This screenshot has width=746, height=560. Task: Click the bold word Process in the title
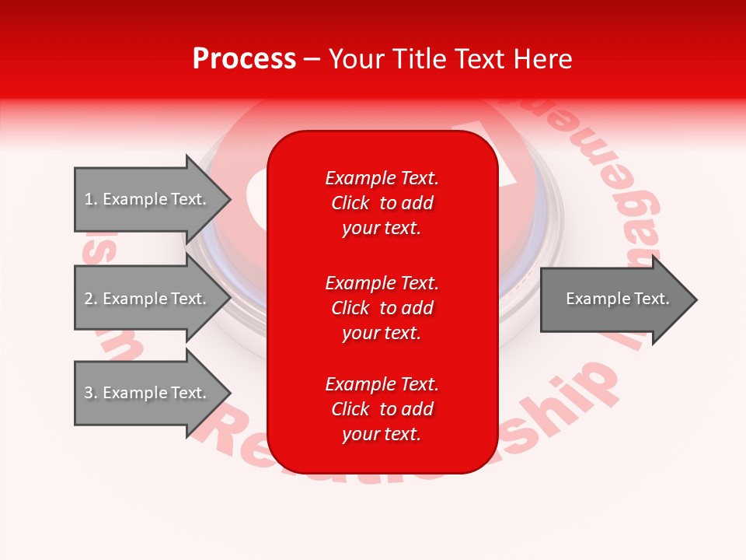pyautogui.click(x=244, y=59)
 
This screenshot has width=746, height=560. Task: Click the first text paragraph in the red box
pyautogui.click(x=382, y=203)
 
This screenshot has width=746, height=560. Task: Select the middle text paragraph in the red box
pyautogui.click(x=382, y=307)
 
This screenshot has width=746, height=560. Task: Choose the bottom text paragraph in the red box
pyautogui.click(x=382, y=409)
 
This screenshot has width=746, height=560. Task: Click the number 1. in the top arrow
pyautogui.click(x=90, y=199)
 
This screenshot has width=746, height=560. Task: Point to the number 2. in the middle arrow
pyautogui.click(x=90, y=299)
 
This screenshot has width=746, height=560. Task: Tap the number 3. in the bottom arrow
pyautogui.click(x=90, y=393)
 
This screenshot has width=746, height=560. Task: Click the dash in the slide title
pyautogui.click(x=312, y=59)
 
